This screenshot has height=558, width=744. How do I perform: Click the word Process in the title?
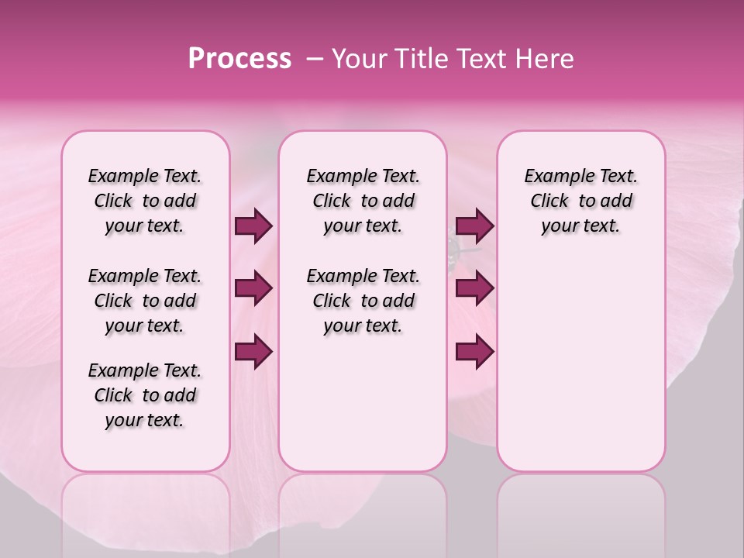239,59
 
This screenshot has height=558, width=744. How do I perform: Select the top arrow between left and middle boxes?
253,226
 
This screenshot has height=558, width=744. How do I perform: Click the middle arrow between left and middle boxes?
253,289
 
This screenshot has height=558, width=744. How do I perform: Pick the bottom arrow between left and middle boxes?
253,351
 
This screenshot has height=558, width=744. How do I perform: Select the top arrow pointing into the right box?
474,226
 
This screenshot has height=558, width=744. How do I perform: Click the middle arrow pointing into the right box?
474,289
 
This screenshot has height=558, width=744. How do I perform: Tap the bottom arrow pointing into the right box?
474,351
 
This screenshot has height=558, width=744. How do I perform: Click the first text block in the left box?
145,201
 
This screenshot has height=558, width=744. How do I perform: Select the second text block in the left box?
145,301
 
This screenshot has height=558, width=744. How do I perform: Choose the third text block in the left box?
145,395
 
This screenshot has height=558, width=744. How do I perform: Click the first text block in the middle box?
363,201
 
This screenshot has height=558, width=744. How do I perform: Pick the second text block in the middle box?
363,301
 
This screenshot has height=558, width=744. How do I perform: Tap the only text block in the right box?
580,201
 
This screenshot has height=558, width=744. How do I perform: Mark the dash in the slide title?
315,59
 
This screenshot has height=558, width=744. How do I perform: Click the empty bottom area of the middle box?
363,411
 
